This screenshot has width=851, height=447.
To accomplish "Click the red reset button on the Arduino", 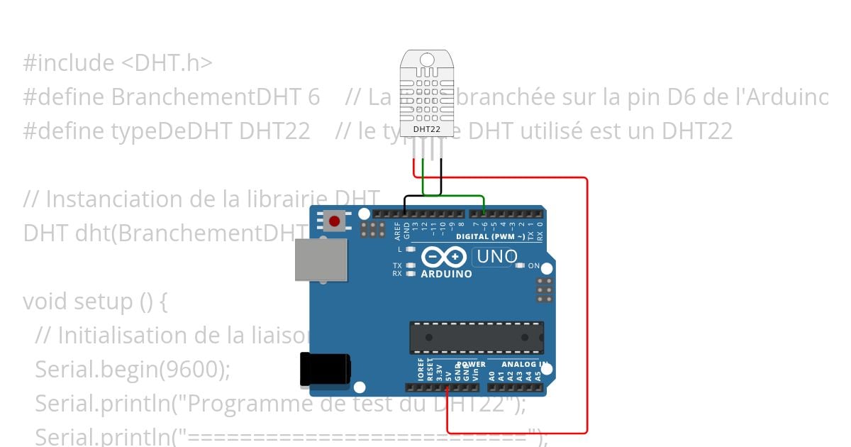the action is tap(334, 221).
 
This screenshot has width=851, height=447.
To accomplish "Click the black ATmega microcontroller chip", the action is tap(477, 337).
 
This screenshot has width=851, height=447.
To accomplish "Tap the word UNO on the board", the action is tap(497, 257).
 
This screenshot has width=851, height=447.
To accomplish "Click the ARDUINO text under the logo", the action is tap(447, 274).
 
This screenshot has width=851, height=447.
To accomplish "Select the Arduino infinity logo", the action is tap(444, 256).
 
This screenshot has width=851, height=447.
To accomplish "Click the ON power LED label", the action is tap(534, 266).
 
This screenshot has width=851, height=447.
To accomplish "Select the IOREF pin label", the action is tap(421, 372).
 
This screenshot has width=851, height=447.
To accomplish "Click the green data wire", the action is tap(454, 195).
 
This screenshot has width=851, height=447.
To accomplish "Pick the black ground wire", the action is tap(423, 195).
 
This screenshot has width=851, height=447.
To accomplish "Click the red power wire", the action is tap(587, 305).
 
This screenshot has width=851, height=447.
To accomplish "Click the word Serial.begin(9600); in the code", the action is tap(133, 369).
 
